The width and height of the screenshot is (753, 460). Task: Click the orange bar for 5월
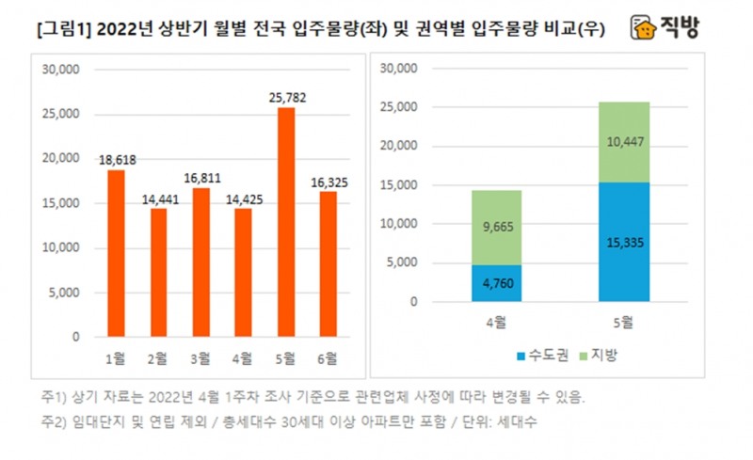[x=285, y=222]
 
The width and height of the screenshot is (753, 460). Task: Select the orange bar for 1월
[x=116, y=253]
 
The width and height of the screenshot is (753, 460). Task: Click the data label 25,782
[x=285, y=97]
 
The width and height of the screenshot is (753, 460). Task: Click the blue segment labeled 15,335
[x=623, y=242]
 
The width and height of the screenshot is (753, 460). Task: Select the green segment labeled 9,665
[x=496, y=227]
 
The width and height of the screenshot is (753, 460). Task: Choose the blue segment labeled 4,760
[x=496, y=283]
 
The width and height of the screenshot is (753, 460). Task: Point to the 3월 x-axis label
[x=200, y=357]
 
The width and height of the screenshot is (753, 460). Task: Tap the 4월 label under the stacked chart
[x=496, y=323]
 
